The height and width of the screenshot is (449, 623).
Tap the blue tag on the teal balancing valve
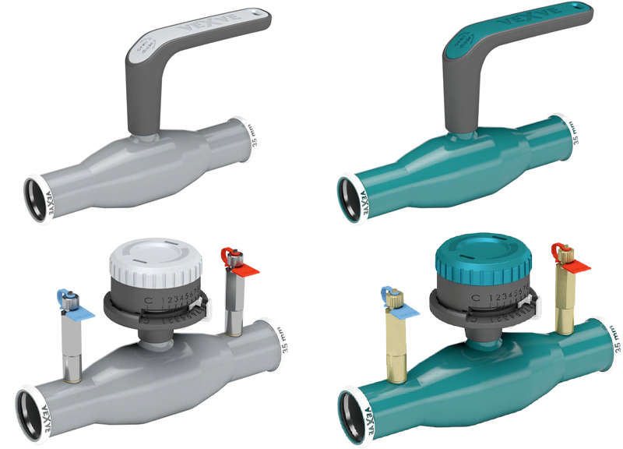pos(403,307)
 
